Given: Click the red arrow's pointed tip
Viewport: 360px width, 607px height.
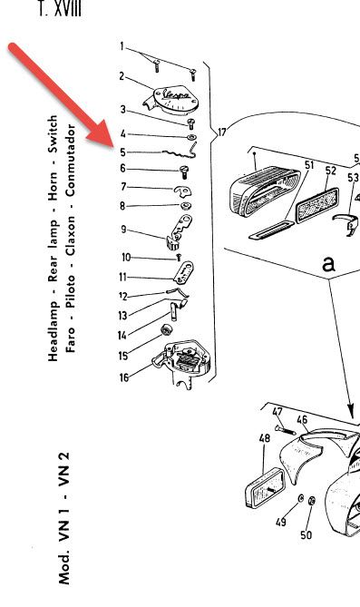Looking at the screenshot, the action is (109, 142).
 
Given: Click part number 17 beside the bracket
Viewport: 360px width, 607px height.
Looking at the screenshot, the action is (221, 132).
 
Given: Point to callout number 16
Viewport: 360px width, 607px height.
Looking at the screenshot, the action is (123, 378).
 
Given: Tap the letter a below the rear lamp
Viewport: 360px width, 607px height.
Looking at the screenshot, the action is (328, 264).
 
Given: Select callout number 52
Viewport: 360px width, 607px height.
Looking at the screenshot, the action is (330, 170).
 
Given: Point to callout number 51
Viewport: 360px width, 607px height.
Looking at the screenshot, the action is (308, 165).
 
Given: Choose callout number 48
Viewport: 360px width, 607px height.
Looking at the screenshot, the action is (265, 438).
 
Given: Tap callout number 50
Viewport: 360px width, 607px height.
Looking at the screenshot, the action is (306, 535).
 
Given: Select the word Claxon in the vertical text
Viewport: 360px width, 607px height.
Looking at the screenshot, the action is (71, 239).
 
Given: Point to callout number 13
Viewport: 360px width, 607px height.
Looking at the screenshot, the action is (122, 315).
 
